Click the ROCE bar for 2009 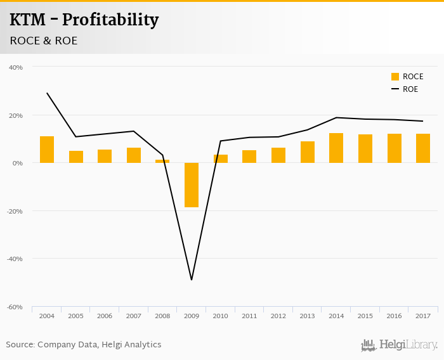[x=192, y=185]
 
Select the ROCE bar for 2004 [x=47, y=150]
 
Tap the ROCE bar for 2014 [x=336, y=148]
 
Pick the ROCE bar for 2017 [x=423, y=148]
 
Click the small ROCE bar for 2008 [x=162, y=161]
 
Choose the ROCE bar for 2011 [x=249, y=157]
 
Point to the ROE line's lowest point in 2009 [x=192, y=280]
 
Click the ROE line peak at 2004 [x=47, y=93]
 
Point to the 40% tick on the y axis [x=16, y=67]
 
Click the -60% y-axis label [x=15, y=307]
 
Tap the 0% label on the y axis [x=18, y=163]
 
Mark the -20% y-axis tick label [x=15, y=211]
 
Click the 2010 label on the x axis [x=221, y=316]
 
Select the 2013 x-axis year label [x=308, y=316]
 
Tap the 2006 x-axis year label [x=105, y=316]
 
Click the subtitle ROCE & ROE [x=43, y=41]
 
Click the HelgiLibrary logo [x=399, y=345]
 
